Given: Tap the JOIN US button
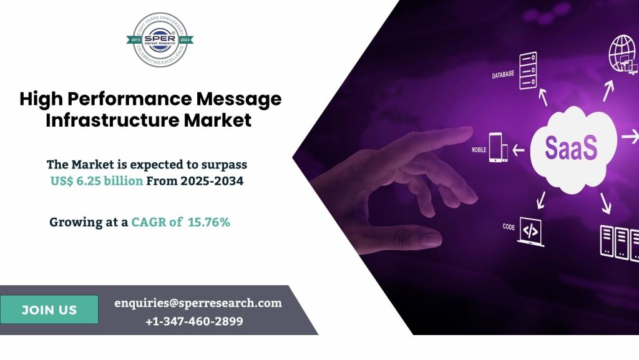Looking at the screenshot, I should (x=49, y=310).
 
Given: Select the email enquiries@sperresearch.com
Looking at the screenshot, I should (x=198, y=303).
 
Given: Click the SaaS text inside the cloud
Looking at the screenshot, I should (x=571, y=148).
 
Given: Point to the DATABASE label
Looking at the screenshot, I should (x=503, y=74).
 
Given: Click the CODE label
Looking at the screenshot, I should (x=509, y=227).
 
